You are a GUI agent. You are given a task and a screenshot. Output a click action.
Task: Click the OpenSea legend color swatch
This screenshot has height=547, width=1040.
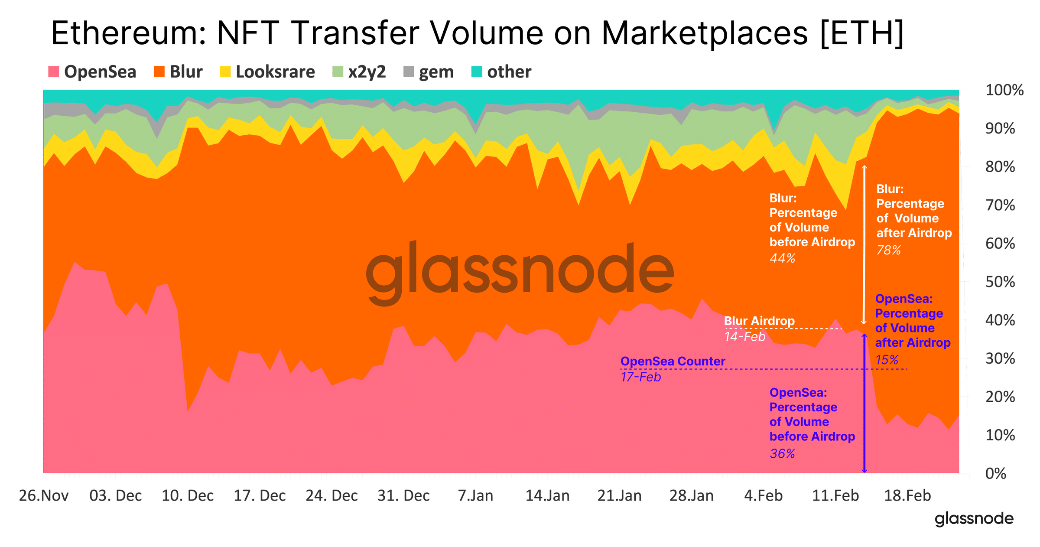[x=53, y=71]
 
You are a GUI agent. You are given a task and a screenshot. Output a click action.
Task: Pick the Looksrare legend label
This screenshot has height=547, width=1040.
[x=275, y=72]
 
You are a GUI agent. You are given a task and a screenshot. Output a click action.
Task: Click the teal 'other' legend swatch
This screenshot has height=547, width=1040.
[x=476, y=71]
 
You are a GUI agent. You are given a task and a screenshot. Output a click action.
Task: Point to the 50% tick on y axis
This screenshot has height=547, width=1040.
[x=1000, y=282]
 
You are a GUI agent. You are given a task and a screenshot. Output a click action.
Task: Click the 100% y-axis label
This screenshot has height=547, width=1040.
[x=1004, y=90]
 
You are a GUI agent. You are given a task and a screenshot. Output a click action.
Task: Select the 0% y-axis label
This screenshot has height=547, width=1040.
[x=995, y=473]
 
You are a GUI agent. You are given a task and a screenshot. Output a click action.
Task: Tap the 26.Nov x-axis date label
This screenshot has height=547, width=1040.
[x=44, y=495]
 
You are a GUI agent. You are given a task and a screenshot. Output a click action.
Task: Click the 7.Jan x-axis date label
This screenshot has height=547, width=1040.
[x=475, y=495]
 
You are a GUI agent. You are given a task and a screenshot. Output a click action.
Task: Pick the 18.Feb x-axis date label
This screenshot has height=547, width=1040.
[x=907, y=495]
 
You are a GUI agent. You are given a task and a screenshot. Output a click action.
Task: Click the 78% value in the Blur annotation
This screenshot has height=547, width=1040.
[x=888, y=250]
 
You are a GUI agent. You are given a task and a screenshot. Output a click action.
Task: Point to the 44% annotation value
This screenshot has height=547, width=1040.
[x=782, y=258]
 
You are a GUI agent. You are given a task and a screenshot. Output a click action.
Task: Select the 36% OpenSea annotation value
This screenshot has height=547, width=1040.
[x=782, y=454]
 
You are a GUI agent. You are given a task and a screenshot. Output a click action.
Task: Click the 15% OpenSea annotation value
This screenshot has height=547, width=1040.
[x=887, y=360]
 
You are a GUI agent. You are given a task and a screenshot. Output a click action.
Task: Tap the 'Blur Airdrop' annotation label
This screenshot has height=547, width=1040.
[x=759, y=321]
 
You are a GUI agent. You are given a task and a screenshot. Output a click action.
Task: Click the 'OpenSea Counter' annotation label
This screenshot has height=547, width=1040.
[x=673, y=361]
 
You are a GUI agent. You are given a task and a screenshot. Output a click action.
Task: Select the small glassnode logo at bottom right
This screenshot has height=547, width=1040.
[x=974, y=519]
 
